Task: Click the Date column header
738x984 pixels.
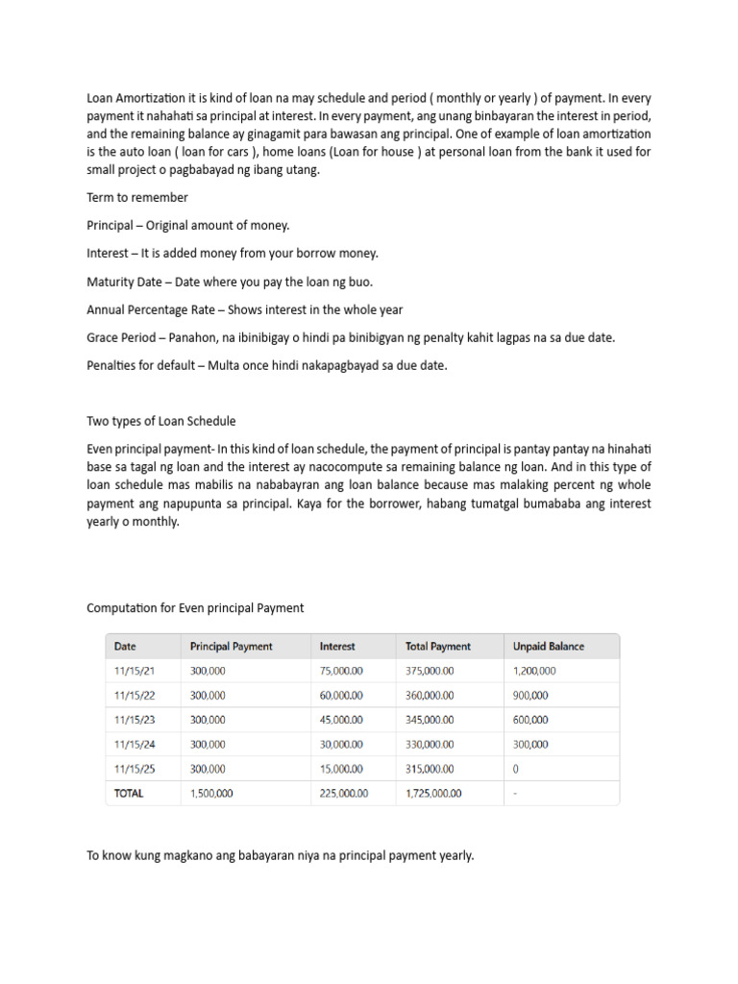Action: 126,647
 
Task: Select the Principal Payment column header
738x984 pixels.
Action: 232,647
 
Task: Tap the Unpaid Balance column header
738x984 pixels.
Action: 548,647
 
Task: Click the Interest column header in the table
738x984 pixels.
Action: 337,647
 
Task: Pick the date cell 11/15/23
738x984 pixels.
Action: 134,720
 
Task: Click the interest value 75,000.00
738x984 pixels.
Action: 341,672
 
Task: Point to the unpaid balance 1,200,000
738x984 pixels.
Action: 534,672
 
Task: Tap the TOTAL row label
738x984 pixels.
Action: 129,794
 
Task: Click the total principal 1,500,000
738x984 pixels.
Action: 211,794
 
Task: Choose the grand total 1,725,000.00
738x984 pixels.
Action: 433,794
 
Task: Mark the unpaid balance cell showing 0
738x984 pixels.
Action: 517,769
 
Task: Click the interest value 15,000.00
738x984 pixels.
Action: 341,769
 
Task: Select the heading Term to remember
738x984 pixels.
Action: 137,197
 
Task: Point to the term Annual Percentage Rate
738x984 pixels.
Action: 152,309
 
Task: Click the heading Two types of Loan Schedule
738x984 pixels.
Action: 161,421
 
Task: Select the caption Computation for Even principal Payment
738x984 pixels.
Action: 195,607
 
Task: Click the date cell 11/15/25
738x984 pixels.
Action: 134,769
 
